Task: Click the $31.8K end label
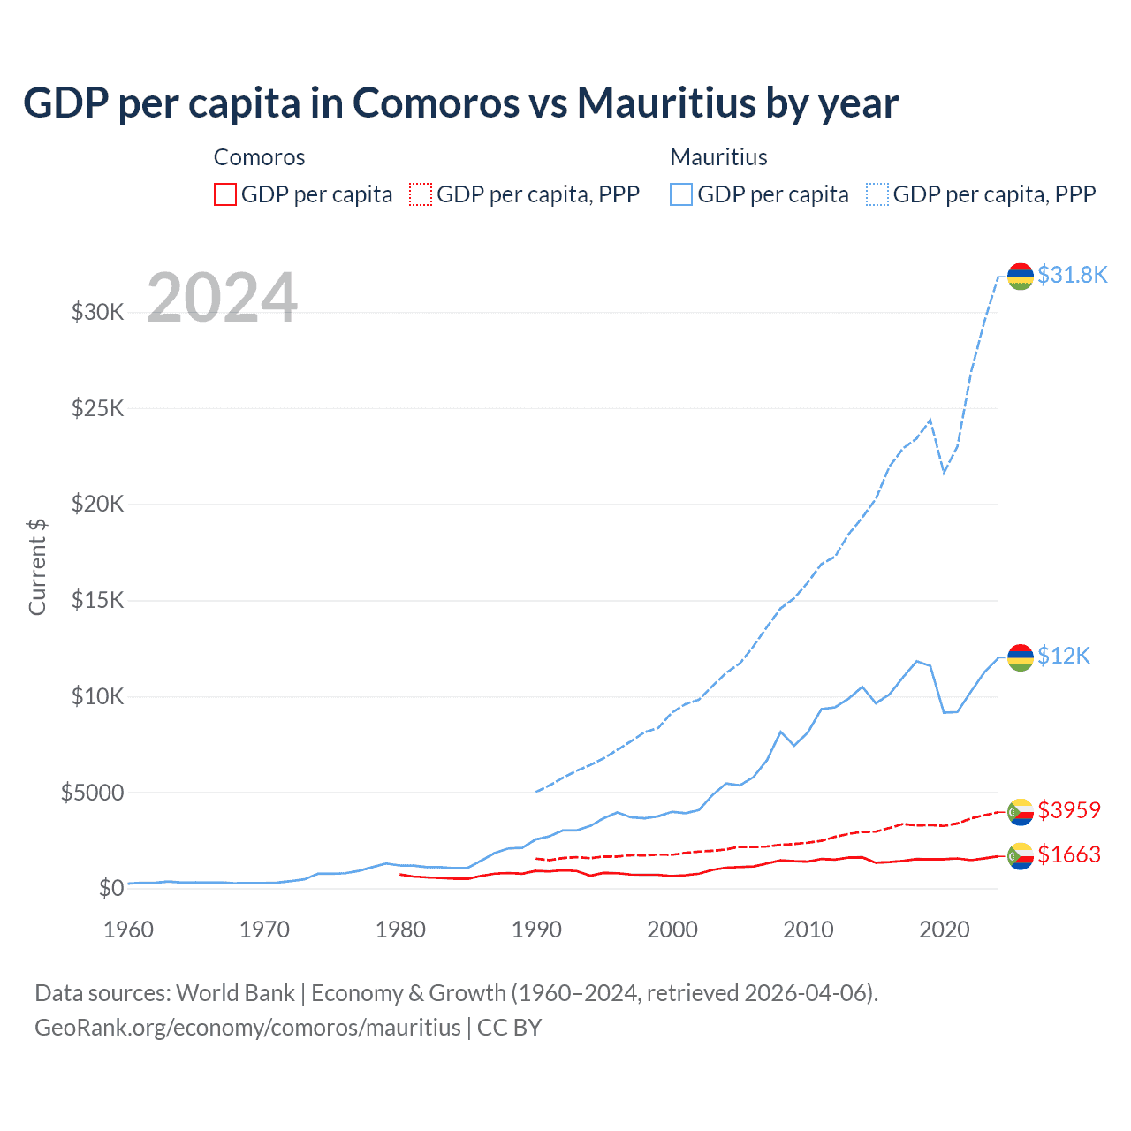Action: (1072, 275)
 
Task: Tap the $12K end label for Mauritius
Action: (1064, 656)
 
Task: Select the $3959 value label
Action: (1069, 810)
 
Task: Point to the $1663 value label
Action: (1069, 854)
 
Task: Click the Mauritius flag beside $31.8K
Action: (1021, 276)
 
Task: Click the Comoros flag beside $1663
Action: (1021, 855)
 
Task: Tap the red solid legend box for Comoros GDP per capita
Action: (225, 194)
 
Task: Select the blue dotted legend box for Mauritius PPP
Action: (877, 194)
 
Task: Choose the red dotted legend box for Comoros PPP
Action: (421, 194)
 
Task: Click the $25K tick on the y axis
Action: (98, 408)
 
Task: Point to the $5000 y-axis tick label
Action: (92, 793)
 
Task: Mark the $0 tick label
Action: (110, 888)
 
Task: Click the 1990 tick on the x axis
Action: (536, 930)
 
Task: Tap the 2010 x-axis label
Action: (808, 930)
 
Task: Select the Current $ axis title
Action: (37, 567)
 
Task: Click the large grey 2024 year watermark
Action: (222, 298)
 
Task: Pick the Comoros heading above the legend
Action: (259, 157)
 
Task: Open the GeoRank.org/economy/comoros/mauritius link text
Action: (247, 1028)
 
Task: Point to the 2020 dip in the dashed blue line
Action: (944, 472)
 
